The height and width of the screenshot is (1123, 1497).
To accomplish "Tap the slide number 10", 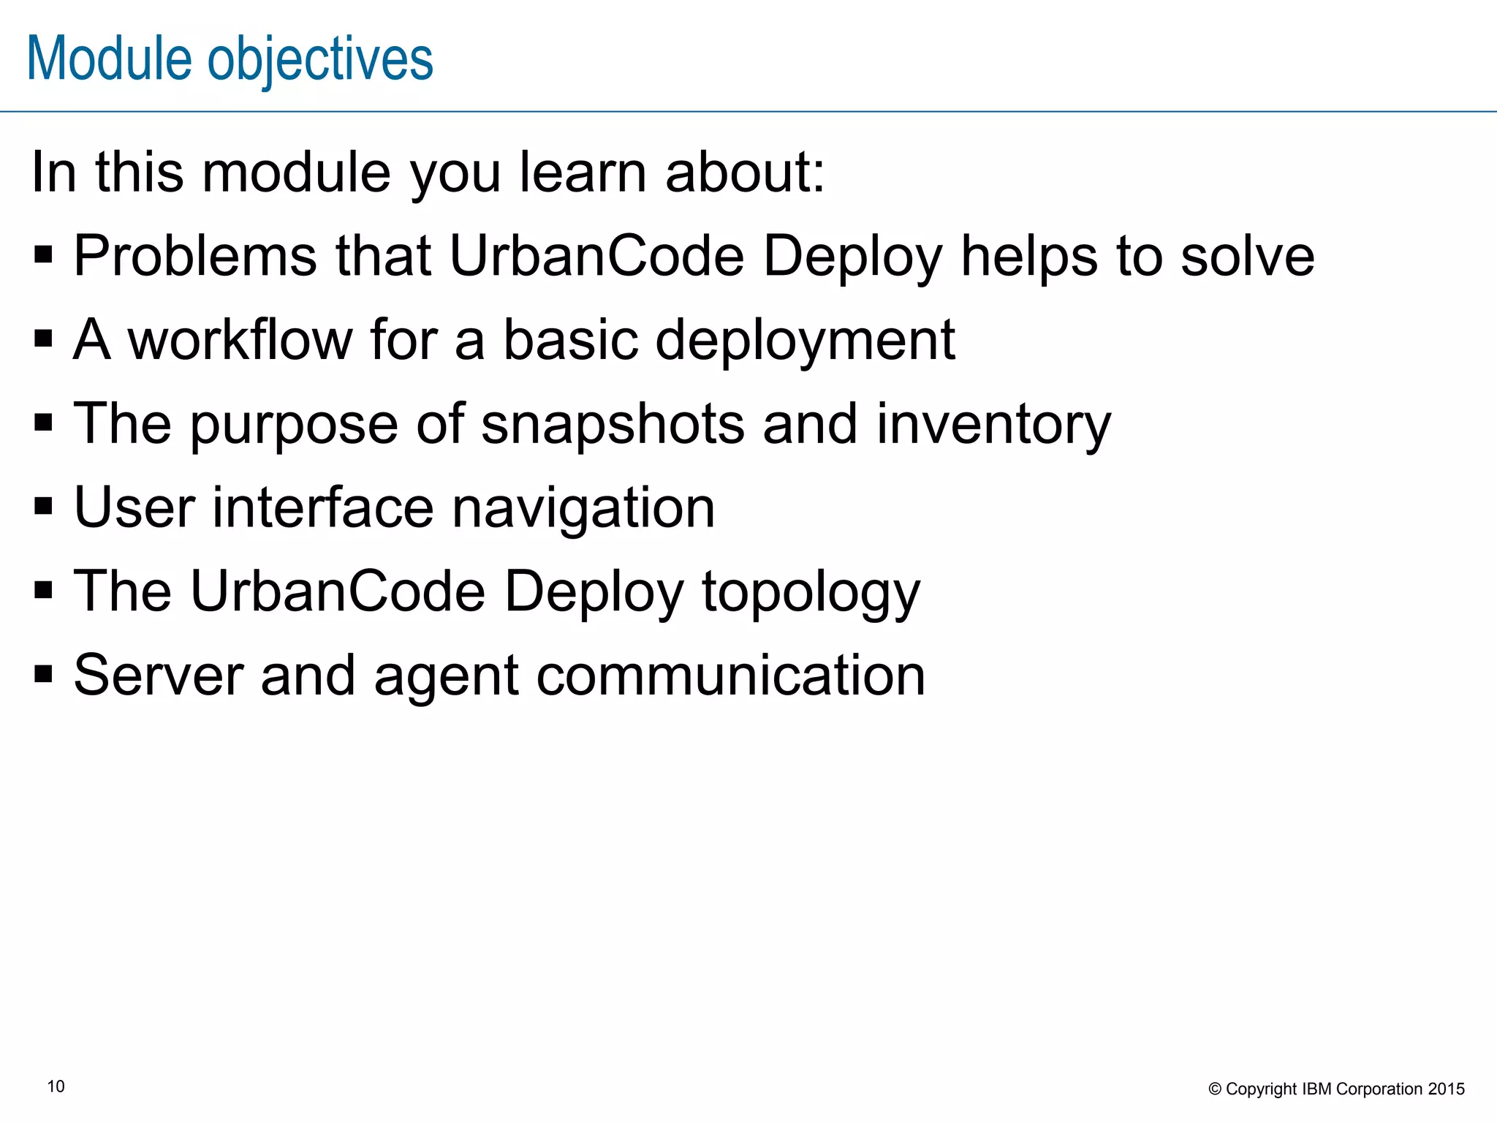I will coord(56,1086).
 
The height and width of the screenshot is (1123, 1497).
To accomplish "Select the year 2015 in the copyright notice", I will coord(1447,1089).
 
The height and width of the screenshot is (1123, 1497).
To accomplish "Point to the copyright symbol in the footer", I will coord(1215,1089).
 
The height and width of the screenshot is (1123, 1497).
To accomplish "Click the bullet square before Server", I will coord(43,673).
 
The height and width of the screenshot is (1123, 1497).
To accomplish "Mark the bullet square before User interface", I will coord(43,505).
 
